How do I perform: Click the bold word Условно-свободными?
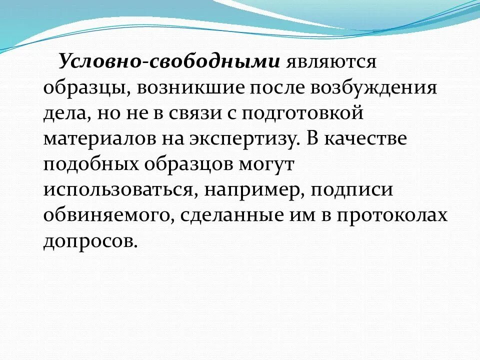169,62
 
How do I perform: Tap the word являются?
330,62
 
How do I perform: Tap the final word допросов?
90,243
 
